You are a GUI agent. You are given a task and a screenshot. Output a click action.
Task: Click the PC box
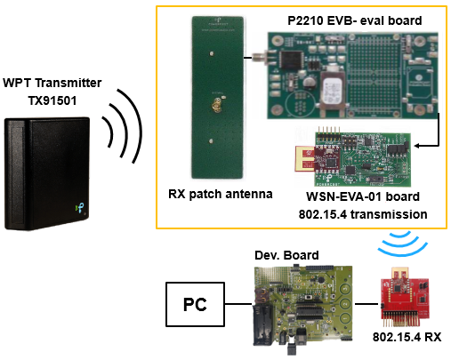click(195, 304)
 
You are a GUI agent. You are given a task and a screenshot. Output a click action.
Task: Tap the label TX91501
click(52, 100)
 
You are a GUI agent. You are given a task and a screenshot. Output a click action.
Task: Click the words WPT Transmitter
click(52, 83)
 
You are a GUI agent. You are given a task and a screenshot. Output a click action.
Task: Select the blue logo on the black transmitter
click(79, 208)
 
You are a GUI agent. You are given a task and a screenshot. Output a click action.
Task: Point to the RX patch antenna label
click(221, 195)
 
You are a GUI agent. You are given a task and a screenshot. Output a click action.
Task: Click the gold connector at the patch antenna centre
click(216, 106)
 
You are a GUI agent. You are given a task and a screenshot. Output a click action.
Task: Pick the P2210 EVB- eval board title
click(355, 20)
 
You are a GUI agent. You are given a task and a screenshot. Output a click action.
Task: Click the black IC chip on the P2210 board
click(292, 60)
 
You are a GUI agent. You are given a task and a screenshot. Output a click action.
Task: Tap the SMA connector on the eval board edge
click(261, 58)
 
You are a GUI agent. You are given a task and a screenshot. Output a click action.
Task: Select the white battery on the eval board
click(333, 91)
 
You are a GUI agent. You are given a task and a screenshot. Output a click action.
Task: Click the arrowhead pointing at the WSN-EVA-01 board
click(417, 146)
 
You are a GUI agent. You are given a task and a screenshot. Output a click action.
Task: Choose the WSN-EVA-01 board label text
click(363, 196)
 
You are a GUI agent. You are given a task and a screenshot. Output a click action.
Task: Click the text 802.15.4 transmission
click(363, 214)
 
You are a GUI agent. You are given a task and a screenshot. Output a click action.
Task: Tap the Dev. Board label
click(286, 255)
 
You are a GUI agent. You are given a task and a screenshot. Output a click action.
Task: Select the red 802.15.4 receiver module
click(405, 296)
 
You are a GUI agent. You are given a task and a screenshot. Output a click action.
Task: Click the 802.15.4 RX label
click(407, 337)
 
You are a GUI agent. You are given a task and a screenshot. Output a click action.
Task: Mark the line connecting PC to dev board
click(238, 304)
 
